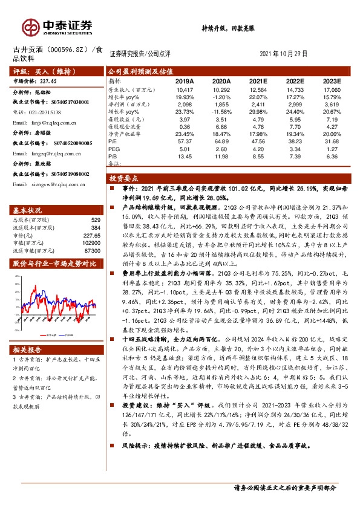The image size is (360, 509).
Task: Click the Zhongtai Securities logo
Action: [58, 26]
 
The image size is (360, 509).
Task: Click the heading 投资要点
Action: [123, 179]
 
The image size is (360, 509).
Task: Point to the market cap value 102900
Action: [91, 241]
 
